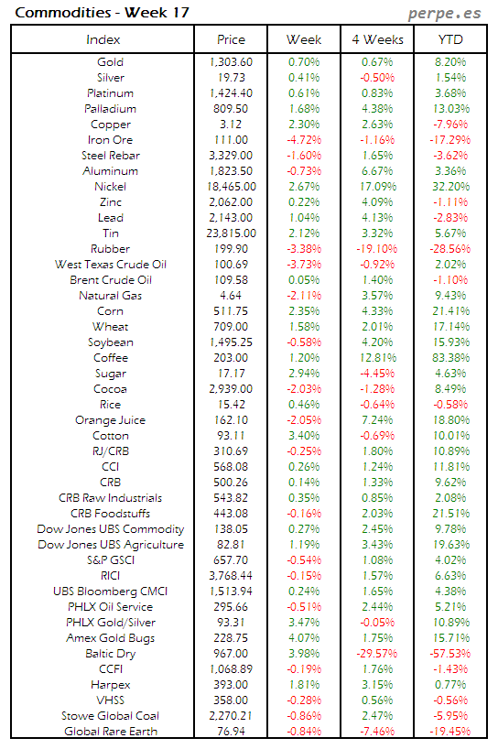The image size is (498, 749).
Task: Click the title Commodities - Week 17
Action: pos(76,12)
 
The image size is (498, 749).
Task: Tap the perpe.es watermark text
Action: pos(444,13)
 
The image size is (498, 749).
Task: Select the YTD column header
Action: pos(449,39)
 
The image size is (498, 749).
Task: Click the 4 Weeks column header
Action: pos(376,39)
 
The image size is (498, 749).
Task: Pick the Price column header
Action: pos(231,39)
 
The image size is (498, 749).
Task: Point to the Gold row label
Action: pos(110,62)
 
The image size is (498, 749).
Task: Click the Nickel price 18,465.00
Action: pos(231,187)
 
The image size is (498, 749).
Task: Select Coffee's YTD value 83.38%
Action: pos(449,358)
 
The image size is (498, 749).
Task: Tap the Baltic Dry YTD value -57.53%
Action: pos(449,654)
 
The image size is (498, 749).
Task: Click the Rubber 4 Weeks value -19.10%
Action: pos(376,249)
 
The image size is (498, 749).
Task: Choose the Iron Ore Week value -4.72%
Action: pos(304,140)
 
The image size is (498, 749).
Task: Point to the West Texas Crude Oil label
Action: pos(110,265)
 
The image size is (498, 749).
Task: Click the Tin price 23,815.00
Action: pos(231,233)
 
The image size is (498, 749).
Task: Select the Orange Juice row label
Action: pos(110,420)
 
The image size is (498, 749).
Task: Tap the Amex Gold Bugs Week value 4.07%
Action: pos(304,638)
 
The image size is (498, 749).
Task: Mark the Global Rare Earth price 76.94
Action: pos(231,732)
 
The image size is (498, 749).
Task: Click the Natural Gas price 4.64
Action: pos(231,296)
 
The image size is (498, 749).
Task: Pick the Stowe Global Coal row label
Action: pos(110,716)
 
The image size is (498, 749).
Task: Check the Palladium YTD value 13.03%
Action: pos(449,109)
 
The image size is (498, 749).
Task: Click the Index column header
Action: pos(103,39)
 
